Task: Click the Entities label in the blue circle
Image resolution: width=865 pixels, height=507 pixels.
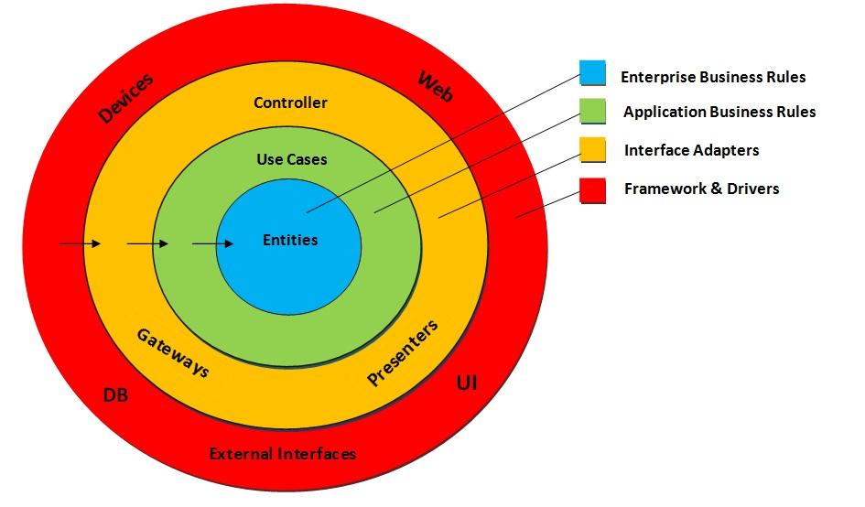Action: (x=290, y=240)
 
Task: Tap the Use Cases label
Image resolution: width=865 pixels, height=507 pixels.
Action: (x=291, y=159)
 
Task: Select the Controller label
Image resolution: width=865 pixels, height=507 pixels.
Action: (x=290, y=102)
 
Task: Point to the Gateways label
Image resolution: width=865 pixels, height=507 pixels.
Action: (x=173, y=352)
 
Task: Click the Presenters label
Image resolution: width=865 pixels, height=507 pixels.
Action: (x=403, y=352)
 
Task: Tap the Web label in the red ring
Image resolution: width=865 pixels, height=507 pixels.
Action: (x=435, y=86)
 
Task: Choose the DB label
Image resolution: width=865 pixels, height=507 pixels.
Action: (x=115, y=395)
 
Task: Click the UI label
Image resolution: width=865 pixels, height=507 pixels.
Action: (x=466, y=383)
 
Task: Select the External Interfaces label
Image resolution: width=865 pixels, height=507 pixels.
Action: (x=282, y=453)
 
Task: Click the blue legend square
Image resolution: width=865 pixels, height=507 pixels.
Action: (x=592, y=73)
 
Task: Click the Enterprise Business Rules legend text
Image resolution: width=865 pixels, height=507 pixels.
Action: (x=713, y=77)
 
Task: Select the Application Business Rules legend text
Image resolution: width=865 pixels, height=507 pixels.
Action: (x=719, y=112)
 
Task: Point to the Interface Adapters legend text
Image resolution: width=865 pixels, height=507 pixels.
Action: (x=691, y=150)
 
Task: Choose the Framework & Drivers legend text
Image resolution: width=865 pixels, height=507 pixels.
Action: (x=701, y=189)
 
